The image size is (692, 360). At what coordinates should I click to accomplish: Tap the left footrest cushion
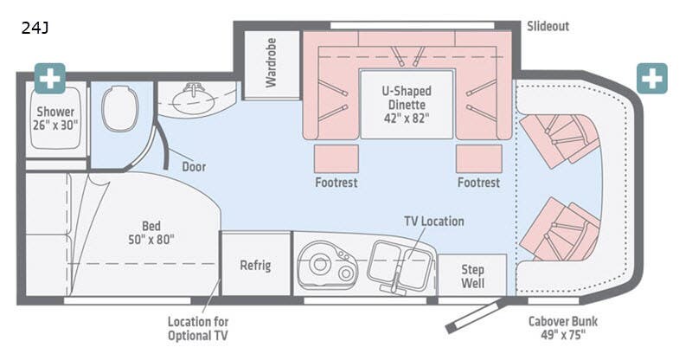click(x=336, y=158)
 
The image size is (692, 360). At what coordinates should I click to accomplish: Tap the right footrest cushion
click(x=478, y=158)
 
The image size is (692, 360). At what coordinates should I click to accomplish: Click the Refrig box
click(x=255, y=265)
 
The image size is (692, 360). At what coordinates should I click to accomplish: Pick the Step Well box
click(x=471, y=275)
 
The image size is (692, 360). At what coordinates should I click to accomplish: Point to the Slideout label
click(x=548, y=26)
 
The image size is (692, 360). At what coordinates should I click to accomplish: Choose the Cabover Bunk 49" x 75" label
click(x=563, y=329)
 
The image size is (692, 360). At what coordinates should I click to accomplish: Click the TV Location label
click(x=433, y=222)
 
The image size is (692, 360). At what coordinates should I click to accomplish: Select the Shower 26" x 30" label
click(x=55, y=119)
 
